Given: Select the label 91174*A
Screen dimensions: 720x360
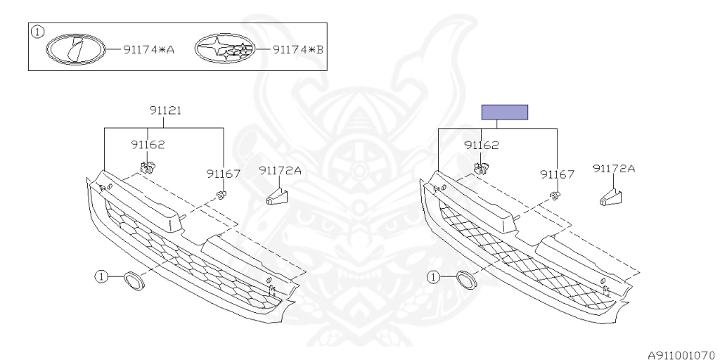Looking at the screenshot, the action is point(148,50).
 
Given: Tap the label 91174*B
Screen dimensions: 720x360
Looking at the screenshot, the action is point(297,50).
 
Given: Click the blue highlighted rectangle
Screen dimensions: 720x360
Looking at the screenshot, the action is point(504,112).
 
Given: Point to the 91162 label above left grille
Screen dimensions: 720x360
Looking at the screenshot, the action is point(148,145).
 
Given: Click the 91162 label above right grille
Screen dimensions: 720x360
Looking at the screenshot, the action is point(482,146).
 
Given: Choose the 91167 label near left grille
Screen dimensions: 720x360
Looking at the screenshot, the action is point(224,174).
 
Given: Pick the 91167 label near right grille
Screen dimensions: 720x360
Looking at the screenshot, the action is point(558,174).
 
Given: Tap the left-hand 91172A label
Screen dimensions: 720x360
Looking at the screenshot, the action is point(280,170).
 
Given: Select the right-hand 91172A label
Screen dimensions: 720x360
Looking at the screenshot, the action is point(613,169).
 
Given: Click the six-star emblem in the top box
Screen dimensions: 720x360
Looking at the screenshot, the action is point(223,49).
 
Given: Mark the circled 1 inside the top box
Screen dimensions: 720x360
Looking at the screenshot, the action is point(38,32).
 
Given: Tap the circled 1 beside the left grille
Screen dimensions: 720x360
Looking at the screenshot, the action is point(102,276).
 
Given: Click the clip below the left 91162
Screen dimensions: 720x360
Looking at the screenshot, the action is point(148,167).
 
